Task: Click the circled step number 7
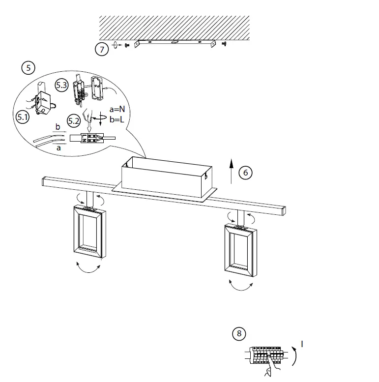(101, 49)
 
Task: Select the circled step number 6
(245, 172)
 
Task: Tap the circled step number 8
(239, 334)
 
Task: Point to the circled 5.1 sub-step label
(23, 117)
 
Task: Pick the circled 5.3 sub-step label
(61, 85)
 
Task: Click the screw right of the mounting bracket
(225, 44)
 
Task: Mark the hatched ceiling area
(174, 28)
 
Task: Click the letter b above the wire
(58, 127)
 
